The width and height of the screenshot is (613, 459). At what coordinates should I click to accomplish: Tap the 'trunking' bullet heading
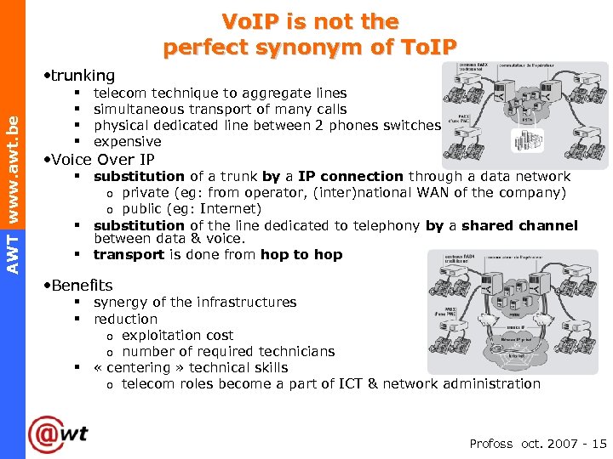(82, 76)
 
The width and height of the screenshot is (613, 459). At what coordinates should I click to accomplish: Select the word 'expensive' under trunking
(127, 142)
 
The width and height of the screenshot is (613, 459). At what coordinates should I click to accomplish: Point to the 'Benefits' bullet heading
(81, 285)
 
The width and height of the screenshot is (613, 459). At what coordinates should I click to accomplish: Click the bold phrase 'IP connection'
(350, 176)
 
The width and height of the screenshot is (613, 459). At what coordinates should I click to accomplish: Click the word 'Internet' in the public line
(228, 208)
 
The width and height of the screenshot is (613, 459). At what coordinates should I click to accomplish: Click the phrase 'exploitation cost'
(177, 335)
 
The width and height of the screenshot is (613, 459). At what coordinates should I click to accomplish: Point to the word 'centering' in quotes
(140, 367)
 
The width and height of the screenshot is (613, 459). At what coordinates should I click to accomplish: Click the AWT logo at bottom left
(58, 434)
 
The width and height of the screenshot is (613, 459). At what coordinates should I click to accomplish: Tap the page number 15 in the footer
(599, 443)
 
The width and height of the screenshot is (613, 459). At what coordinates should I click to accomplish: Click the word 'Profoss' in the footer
(491, 443)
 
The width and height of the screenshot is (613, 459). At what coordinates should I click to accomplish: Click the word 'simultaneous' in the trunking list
(136, 109)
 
